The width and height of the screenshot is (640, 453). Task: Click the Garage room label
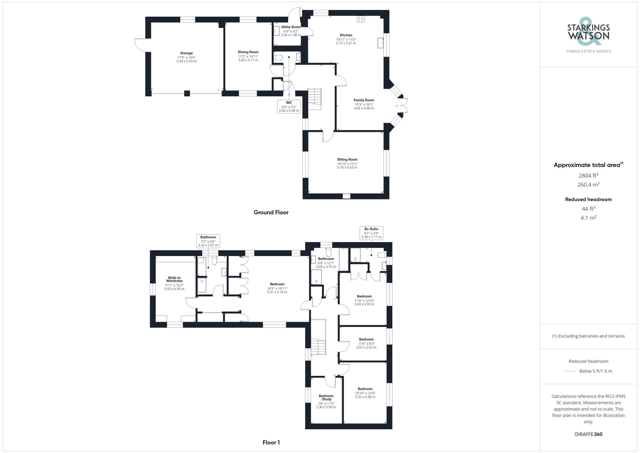tap(186, 53)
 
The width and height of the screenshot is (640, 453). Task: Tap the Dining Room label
tap(248, 52)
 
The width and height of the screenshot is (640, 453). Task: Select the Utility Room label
tap(291, 27)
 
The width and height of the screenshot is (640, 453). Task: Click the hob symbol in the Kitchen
tap(361, 19)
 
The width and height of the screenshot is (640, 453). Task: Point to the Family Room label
tap(364, 100)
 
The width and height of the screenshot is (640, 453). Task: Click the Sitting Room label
tap(347, 159)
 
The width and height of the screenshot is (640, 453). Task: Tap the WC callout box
tap(289, 107)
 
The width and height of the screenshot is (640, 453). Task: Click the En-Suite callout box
tap(371, 233)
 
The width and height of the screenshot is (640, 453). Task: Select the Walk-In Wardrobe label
tap(174, 279)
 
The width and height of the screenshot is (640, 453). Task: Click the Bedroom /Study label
tap(326, 398)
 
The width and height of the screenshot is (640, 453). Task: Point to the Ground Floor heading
tap(271, 212)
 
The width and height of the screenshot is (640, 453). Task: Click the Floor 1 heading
tap(271, 442)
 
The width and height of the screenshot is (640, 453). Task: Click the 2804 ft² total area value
tap(588, 175)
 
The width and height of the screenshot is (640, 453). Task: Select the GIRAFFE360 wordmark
tap(588, 434)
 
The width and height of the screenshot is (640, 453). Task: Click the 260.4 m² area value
tap(588, 185)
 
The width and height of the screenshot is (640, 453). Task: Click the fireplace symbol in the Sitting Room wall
tap(347, 195)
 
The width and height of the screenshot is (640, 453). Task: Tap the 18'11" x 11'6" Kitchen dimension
tap(346, 39)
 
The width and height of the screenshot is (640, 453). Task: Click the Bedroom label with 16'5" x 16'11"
tap(277, 284)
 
